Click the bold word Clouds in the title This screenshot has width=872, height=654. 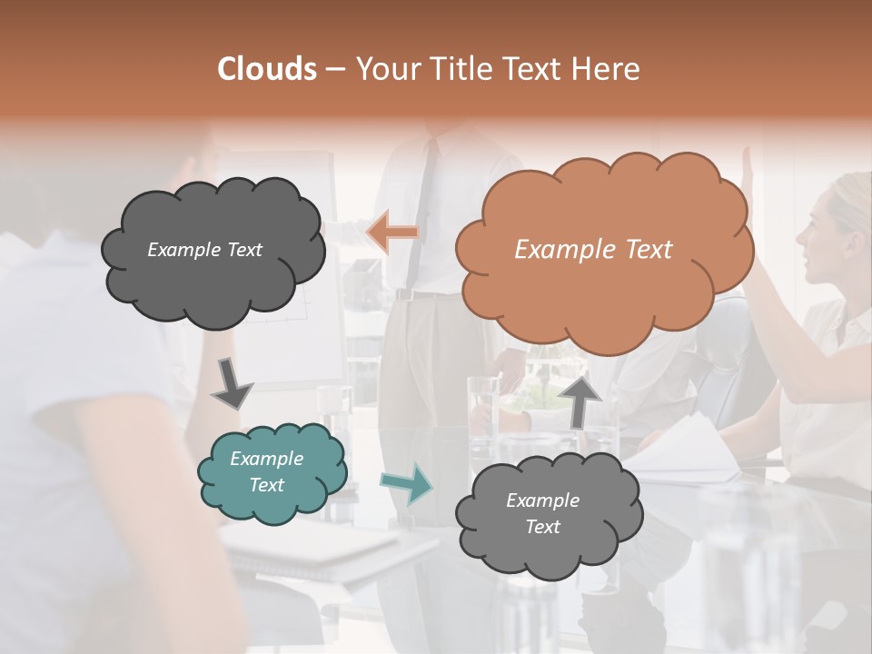point(267,69)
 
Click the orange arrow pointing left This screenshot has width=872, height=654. point(392,232)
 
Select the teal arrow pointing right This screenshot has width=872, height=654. point(406,483)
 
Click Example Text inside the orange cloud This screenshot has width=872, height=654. point(593,249)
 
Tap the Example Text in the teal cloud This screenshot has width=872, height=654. point(266,471)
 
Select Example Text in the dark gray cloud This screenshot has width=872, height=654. point(204,249)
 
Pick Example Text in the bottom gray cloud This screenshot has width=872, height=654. point(542,513)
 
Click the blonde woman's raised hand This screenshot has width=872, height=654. point(748,165)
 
